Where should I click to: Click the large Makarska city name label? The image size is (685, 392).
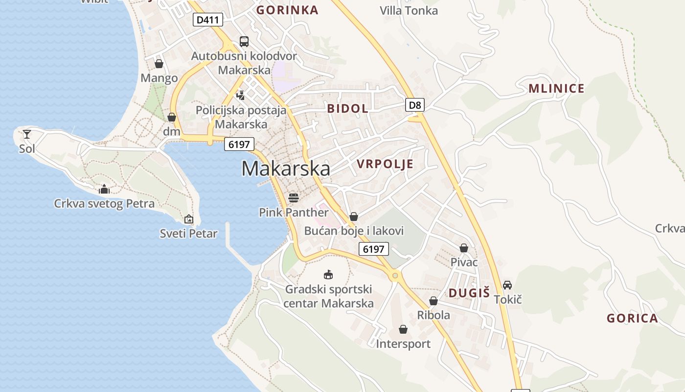point(286,169)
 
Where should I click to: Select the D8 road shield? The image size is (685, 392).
point(415,104)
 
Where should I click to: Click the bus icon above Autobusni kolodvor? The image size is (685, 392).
point(244,42)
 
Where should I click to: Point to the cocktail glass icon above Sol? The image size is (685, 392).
point(27,134)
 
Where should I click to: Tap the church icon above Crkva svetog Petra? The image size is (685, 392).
point(104,189)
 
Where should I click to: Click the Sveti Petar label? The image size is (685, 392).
point(188,234)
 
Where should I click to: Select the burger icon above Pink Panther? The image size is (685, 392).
point(294,198)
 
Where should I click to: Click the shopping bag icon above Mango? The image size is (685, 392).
point(159,64)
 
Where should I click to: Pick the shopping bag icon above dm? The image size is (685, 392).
point(172,117)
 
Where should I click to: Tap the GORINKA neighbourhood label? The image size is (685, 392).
point(287,10)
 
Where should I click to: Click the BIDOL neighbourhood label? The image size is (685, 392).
point(347,109)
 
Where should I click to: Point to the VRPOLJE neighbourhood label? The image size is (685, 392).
point(385,164)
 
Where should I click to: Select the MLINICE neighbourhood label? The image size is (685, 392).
point(556,89)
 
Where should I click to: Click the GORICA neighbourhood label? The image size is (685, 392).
point(632,318)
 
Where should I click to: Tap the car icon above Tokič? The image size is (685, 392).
point(507,285)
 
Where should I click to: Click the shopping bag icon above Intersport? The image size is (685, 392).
point(403,329)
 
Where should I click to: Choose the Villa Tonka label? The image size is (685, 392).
point(409,10)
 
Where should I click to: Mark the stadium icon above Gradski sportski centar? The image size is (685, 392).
point(328,274)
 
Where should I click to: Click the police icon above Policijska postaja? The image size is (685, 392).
point(240,95)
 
